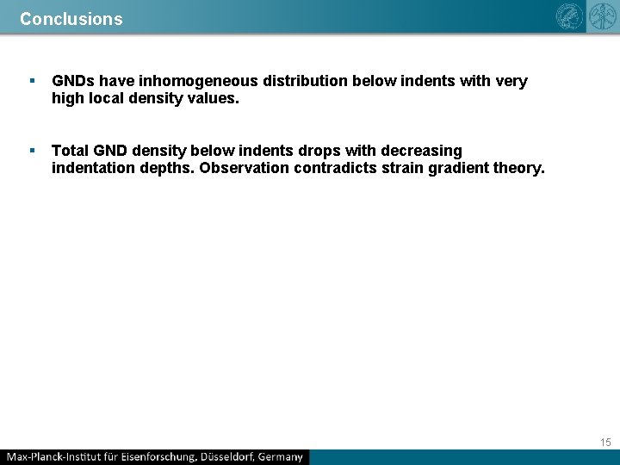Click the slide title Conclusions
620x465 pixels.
[x=71, y=18]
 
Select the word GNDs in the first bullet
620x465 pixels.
[x=73, y=81]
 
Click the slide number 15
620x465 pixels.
[x=605, y=442]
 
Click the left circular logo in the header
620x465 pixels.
[x=570, y=17]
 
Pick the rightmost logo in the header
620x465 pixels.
[x=602, y=17]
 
